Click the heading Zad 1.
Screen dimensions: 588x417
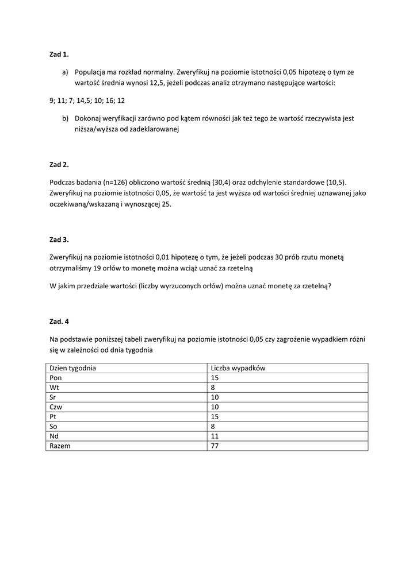pyautogui.click(x=59, y=55)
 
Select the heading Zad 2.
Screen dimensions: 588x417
pyautogui.click(x=59, y=165)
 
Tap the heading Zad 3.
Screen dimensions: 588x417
pyautogui.click(x=59, y=239)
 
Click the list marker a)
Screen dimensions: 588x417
pyautogui.click(x=65, y=72)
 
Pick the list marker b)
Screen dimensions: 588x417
pyautogui.click(x=65, y=118)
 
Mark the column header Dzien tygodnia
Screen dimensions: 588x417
pyautogui.click(x=73, y=368)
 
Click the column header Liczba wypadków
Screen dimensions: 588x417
pyautogui.click(x=238, y=368)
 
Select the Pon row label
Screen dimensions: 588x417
pyautogui.click(x=56, y=378)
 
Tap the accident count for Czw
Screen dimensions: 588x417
pyautogui.click(x=215, y=407)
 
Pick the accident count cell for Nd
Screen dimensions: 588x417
pyautogui.click(x=215, y=436)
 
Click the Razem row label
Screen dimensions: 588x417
pyautogui.click(x=60, y=446)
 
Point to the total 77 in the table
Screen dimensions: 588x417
pyautogui.click(x=215, y=446)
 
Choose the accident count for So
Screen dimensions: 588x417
pyautogui.click(x=213, y=426)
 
